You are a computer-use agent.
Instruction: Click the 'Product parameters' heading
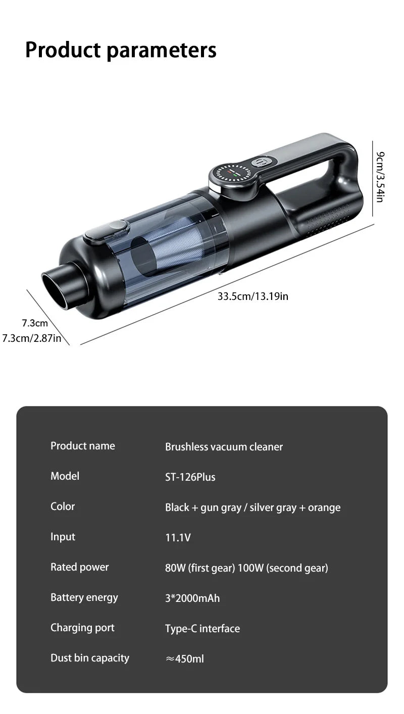coord(121,50)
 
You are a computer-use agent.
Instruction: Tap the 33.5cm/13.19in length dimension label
coord(252,296)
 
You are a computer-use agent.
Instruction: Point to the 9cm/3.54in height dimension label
coord(380,177)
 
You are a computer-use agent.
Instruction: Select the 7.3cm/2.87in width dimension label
coord(31,338)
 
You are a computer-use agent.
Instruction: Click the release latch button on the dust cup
coord(106,230)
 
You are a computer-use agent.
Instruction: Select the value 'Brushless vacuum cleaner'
coord(224,447)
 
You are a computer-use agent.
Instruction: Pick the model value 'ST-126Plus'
coord(190,477)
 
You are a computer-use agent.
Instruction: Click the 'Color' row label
coord(63,506)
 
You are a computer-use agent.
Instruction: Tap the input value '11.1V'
coord(178,538)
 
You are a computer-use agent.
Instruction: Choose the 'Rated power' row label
coord(79,567)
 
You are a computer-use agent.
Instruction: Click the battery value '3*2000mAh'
coord(192,598)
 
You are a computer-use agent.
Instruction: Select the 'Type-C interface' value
coord(202,629)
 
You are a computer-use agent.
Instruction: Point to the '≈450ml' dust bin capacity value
coord(185,659)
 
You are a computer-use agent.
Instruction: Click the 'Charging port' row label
coord(82,628)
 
